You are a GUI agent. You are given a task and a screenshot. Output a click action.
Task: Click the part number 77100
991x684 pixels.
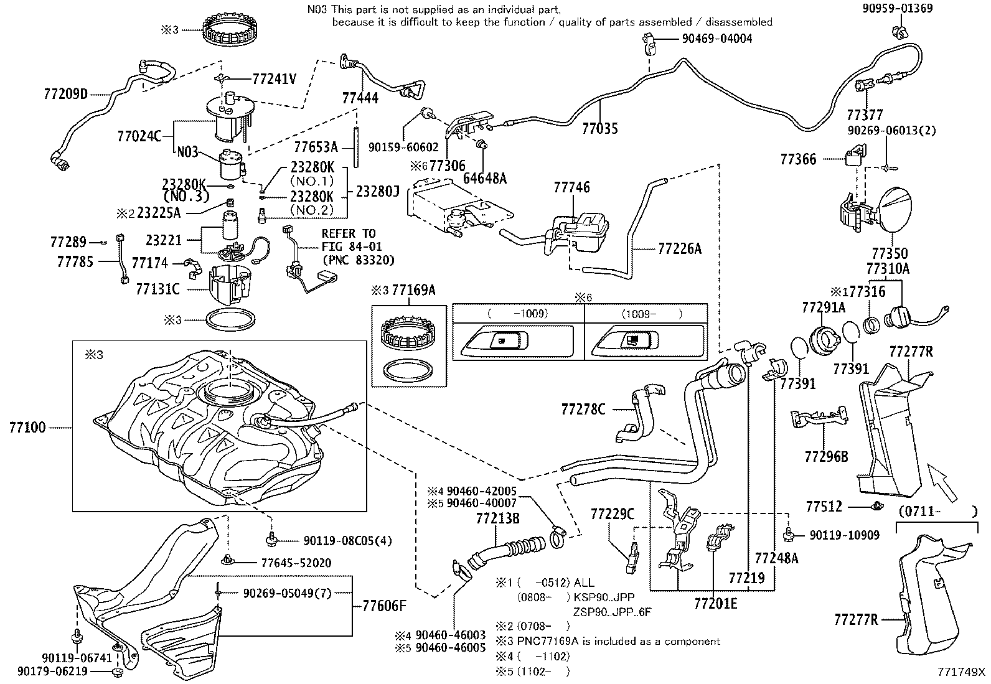(27, 428)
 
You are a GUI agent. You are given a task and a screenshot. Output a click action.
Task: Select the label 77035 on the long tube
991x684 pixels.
(600, 129)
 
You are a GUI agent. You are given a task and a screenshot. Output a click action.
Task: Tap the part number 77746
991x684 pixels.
(571, 187)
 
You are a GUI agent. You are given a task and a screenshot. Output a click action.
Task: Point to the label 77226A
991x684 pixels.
(679, 249)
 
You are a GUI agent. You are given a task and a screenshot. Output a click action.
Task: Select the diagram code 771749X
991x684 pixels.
(962, 672)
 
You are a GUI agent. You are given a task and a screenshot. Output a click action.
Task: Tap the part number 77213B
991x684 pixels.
(497, 517)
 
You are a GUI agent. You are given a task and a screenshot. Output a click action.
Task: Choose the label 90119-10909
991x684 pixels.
(844, 535)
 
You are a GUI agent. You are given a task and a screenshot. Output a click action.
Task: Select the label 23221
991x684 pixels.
(164, 239)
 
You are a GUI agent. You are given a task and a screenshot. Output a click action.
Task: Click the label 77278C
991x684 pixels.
(583, 409)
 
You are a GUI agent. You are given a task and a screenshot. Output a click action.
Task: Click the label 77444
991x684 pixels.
(360, 98)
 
